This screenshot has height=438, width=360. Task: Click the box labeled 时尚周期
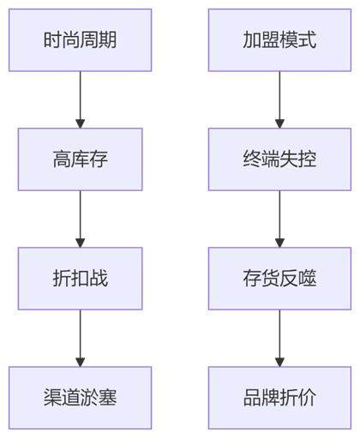coord(80,40)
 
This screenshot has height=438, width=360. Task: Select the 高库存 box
coord(80,159)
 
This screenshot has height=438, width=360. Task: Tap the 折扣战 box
coord(80,279)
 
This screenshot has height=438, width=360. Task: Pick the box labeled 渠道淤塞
coord(80,398)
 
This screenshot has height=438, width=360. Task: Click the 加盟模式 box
coord(279,40)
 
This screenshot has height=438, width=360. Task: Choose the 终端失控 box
coord(279,159)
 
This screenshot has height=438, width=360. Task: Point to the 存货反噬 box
coord(279,279)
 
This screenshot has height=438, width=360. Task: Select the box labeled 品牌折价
coord(279,398)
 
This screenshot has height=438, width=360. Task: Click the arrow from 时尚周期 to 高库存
coord(80,99)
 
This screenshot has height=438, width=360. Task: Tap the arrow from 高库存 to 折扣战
coord(80,219)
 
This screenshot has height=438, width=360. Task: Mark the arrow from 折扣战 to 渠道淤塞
coord(80,339)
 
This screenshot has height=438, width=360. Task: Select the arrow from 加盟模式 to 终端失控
coord(279,99)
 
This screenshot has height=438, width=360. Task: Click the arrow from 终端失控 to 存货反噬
coord(279,219)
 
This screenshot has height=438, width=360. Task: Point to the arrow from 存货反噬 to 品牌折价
coord(279,339)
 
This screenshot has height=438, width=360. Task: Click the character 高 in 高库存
coord(62,159)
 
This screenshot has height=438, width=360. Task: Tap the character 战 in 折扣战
coord(99,279)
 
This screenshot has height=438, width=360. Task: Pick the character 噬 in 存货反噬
coord(308,279)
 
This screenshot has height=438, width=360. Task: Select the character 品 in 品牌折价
coord(252,398)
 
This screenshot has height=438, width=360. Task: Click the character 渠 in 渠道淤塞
coord(52,398)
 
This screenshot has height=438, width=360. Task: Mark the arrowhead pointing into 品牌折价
coord(279,362)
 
